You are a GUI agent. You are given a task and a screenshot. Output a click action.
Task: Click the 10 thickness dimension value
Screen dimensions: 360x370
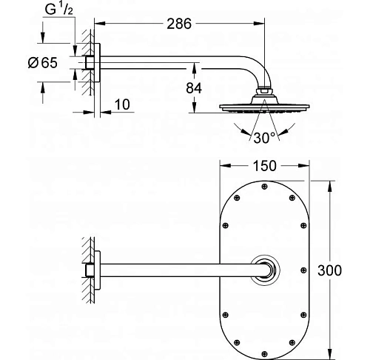point(123,107)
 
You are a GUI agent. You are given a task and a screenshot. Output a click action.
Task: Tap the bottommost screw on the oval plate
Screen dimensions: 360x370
point(263,353)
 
